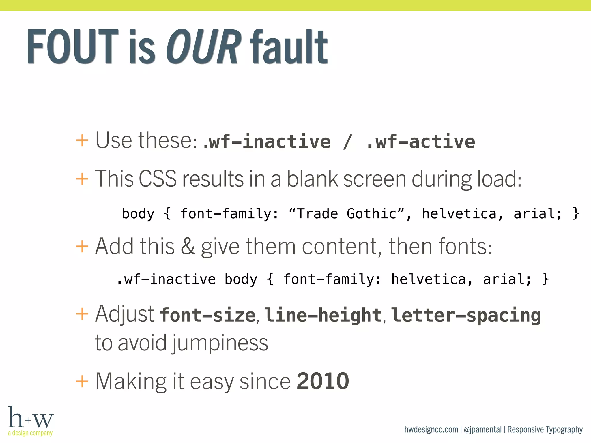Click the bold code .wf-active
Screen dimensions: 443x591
tap(421, 142)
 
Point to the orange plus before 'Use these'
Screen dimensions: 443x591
tap(82, 141)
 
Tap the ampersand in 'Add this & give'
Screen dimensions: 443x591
tap(188, 246)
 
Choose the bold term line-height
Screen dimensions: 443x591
tap(323, 315)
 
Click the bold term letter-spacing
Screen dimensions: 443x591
tap(466, 315)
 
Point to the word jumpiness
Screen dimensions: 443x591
tap(220, 343)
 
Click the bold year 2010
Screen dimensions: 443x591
tap(323, 381)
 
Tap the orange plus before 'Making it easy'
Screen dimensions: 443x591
tap(82, 381)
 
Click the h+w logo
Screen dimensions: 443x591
tap(31, 418)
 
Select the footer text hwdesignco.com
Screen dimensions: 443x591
tap(431, 429)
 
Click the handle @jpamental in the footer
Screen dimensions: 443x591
tap(482, 429)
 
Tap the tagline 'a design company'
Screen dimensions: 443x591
tap(30, 433)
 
